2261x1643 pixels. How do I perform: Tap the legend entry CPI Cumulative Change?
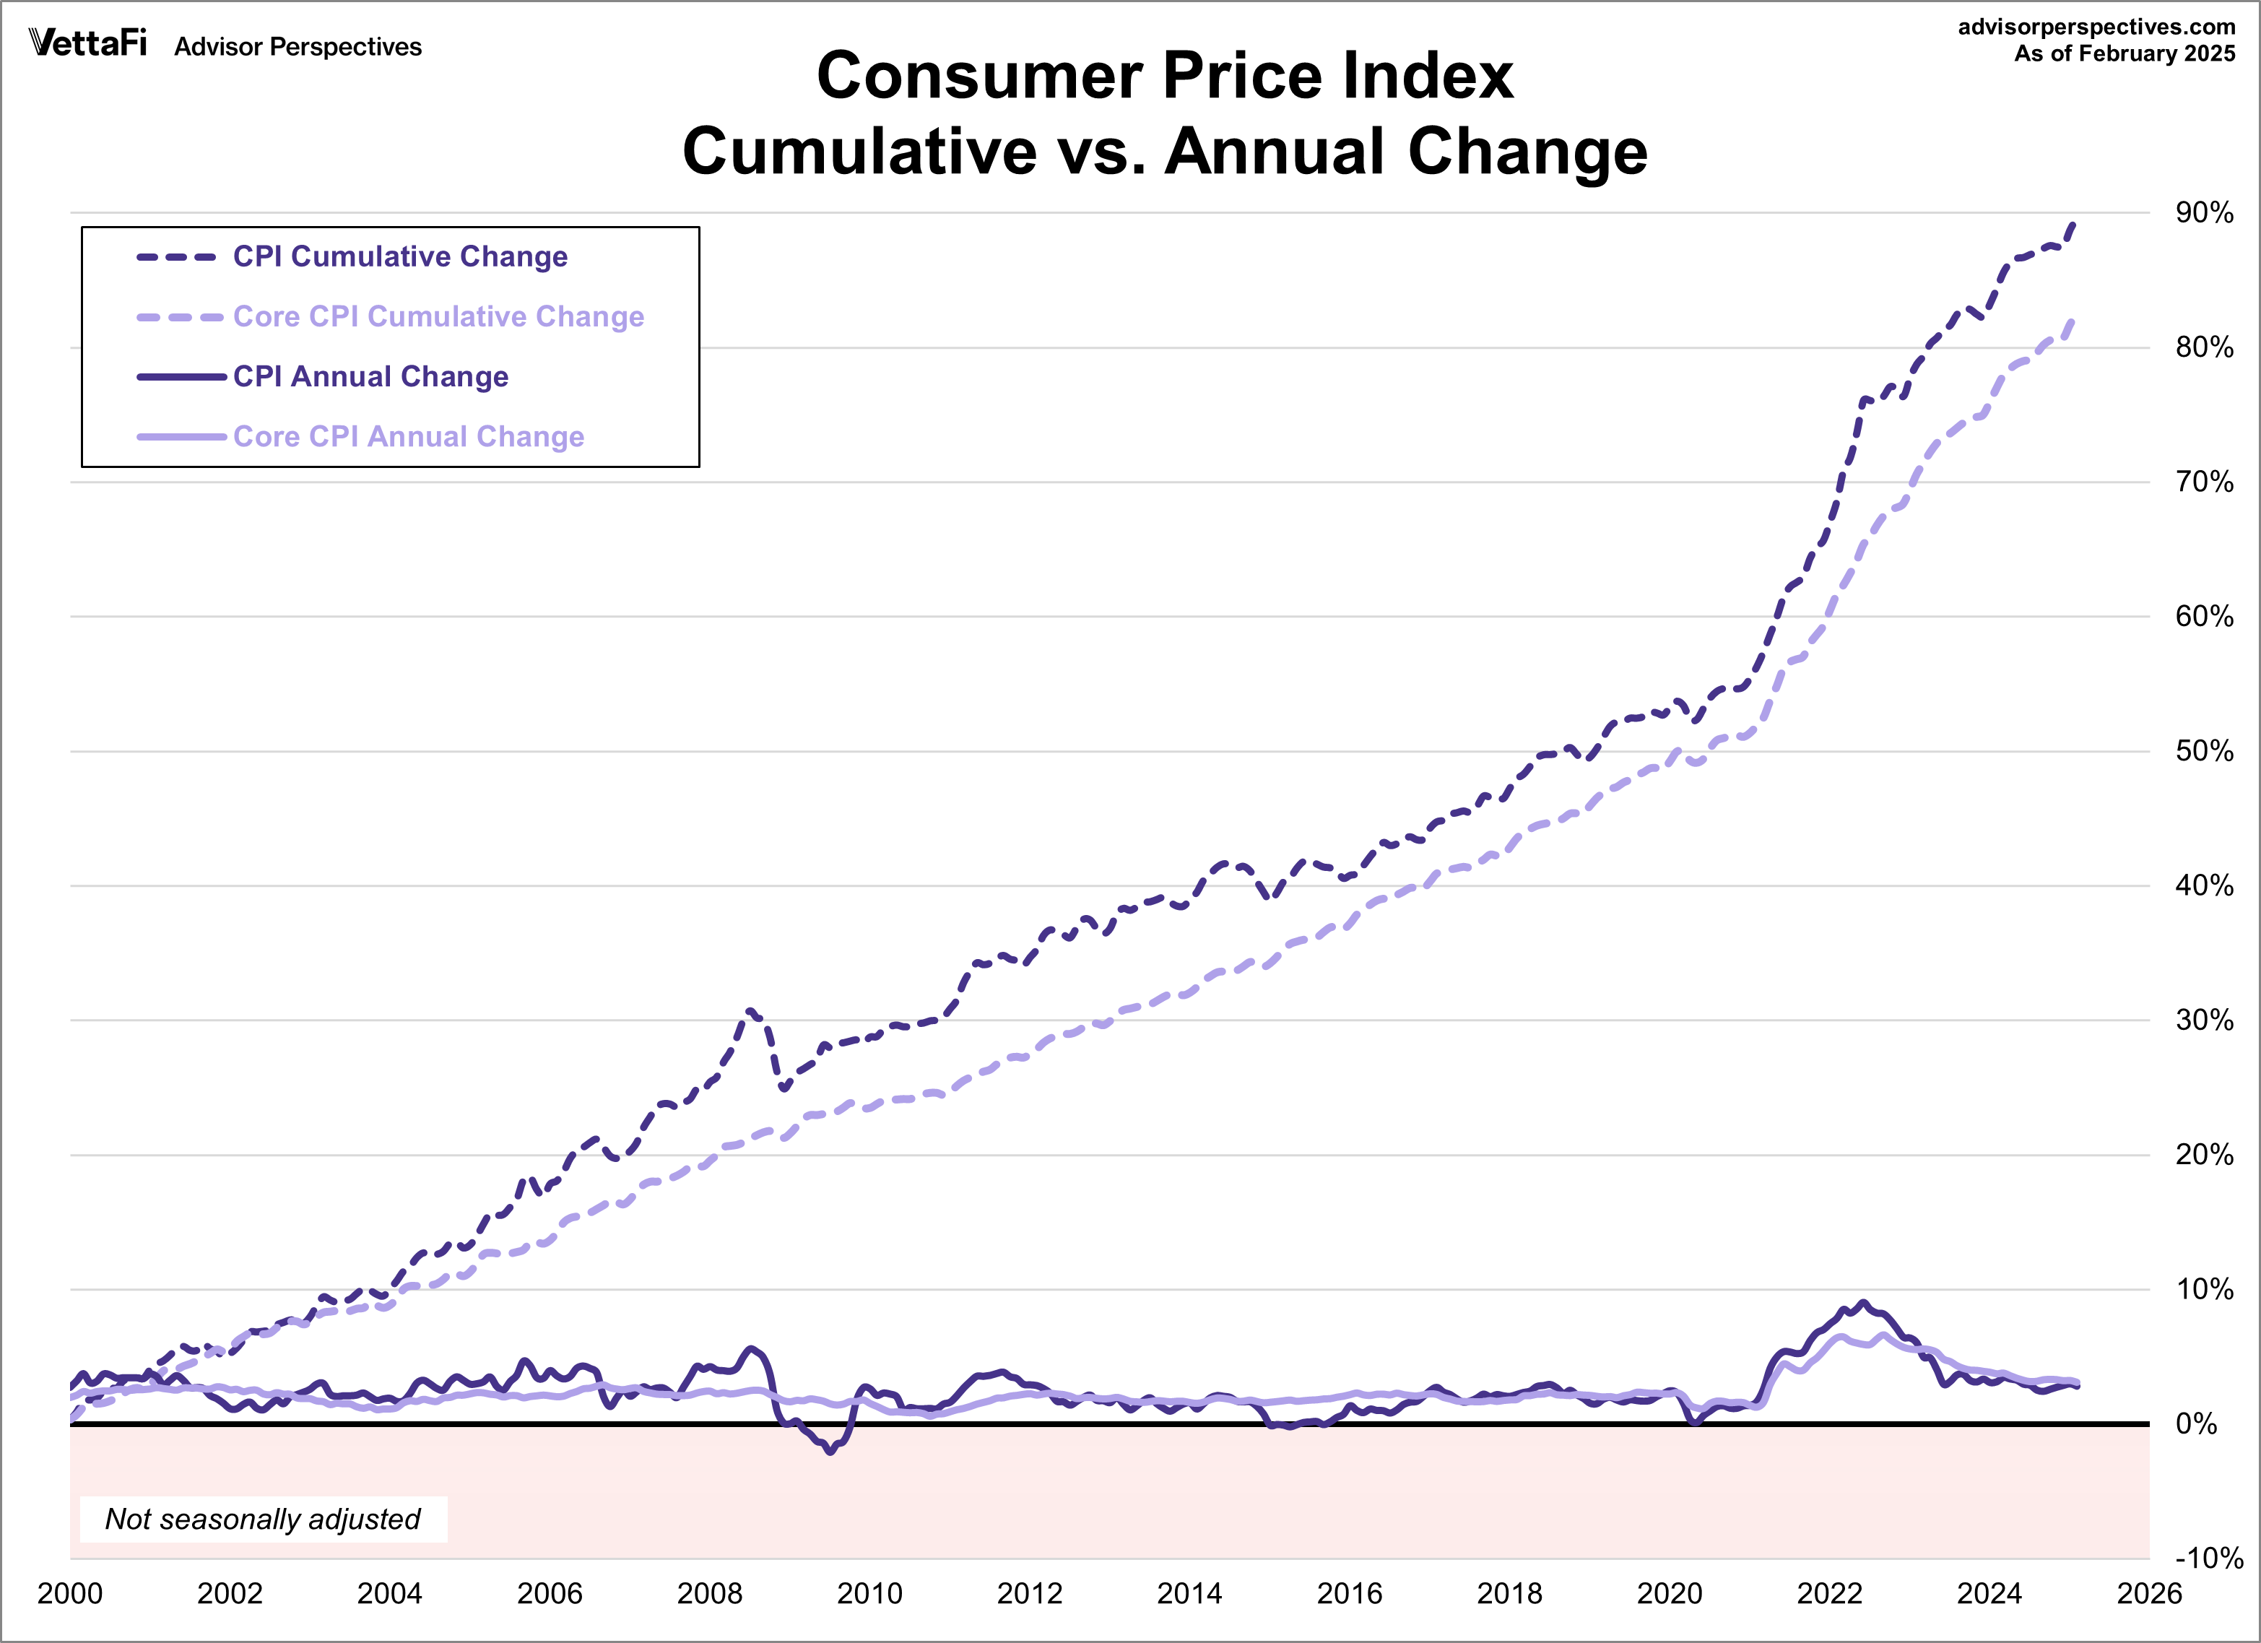click(400, 256)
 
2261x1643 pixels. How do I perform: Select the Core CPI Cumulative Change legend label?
click(438, 316)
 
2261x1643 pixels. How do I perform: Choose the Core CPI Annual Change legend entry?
click(408, 437)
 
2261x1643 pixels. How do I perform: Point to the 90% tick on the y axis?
click(2203, 212)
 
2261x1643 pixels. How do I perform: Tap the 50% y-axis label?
click(2203, 750)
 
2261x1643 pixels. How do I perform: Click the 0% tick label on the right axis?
click(2196, 1423)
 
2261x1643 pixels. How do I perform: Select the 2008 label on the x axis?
click(709, 1593)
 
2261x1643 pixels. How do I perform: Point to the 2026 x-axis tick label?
click(2148, 1593)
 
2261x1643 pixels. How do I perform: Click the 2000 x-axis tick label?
click(70, 1593)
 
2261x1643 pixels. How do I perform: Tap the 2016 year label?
click(1349, 1593)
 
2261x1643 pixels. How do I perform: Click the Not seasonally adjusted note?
click(262, 1518)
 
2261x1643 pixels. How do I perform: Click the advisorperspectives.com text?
click(2096, 27)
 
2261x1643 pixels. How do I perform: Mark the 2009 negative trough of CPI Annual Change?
click(830, 1452)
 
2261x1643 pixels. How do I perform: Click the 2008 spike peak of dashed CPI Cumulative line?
click(750, 1011)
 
